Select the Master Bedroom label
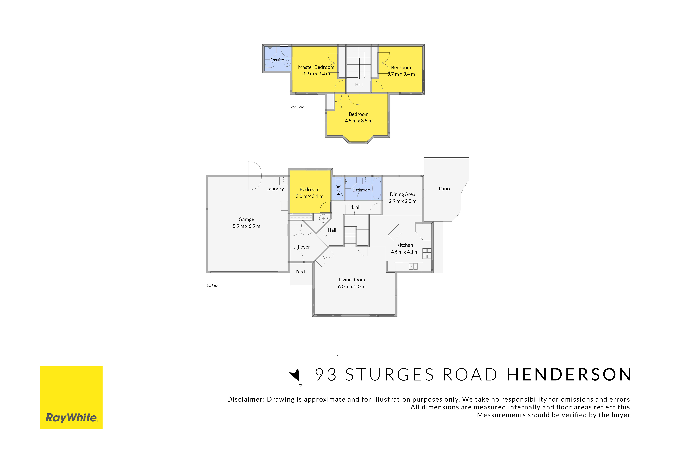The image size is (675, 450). point(316,67)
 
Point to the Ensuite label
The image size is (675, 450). point(277,60)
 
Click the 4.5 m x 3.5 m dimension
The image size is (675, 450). point(359,121)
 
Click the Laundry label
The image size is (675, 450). point(275,189)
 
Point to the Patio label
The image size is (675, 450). point(444,189)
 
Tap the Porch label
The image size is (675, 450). point(301,272)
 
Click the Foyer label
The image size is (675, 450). point(304,247)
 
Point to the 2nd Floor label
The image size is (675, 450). point(297,107)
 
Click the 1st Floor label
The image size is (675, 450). point(213,286)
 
